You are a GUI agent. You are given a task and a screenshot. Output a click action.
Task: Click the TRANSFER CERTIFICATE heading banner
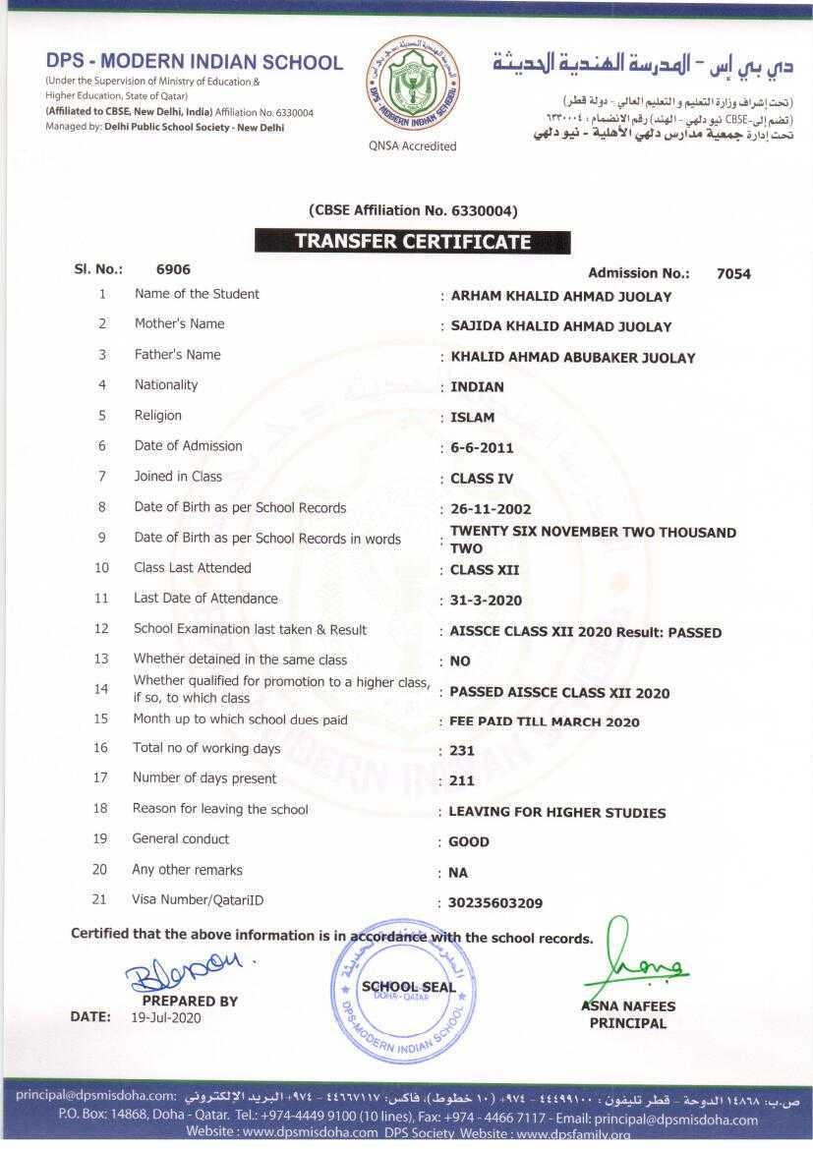[413, 242]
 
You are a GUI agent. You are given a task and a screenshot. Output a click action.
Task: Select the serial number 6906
[173, 269]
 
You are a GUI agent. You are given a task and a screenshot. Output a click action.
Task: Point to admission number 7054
[733, 274]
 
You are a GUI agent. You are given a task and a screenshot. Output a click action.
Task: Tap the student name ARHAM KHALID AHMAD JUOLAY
[560, 297]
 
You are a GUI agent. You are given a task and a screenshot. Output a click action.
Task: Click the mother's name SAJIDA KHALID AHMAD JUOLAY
[560, 326]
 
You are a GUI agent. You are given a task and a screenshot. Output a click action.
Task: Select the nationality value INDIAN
[477, 387]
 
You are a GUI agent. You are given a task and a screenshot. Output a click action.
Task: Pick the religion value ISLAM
[473, 418]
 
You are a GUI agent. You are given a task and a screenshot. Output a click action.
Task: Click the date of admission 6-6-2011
[482, 448]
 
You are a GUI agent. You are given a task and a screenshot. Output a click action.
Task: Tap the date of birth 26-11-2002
[491, 509]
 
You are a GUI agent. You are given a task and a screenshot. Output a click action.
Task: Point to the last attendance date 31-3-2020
[486, 601]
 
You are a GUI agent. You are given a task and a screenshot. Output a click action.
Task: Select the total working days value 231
[462, 751]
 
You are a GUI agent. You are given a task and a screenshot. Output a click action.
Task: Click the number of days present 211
[462, 781]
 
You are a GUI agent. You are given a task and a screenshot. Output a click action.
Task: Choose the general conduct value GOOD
[469, 842]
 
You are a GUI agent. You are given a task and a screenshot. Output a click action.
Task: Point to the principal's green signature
[639, 958]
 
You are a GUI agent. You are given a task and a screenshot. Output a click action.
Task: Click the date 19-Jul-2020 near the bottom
[165, 1018]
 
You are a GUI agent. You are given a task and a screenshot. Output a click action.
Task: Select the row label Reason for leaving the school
[220, 810]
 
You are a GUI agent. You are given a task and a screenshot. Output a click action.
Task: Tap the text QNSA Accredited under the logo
[413, 146]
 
